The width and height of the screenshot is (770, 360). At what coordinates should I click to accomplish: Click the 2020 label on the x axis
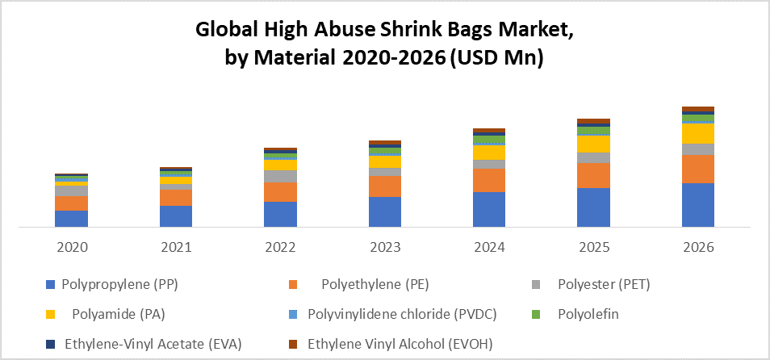(x=71, y=247)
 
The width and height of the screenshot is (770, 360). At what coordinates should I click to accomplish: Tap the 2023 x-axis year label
(x=384, y=247)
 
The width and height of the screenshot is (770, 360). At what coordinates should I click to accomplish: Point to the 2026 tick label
(x=698, y=247)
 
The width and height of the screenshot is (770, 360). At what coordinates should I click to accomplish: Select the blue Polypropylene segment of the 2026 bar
(x=698, y=205)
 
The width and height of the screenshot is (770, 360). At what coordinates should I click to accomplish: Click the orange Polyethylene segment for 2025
(x=593, y=175)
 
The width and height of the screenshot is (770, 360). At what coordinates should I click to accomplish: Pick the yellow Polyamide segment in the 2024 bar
(x=489, y=152)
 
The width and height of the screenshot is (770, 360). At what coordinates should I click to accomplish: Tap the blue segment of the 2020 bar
(x=71, y=219)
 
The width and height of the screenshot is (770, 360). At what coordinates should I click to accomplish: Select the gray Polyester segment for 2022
(x=280, y=176)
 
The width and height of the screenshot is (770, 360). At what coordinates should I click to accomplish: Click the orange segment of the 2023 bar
(x=384, y=186)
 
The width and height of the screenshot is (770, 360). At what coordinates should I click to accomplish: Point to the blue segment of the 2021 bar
(x=176, y=216)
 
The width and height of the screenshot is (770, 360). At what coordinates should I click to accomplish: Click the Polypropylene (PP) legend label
(x=119, y=284)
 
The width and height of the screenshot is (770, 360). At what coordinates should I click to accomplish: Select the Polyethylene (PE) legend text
(x=375, y=284)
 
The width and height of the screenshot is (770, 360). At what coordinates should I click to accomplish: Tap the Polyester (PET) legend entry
(x=604, y=284)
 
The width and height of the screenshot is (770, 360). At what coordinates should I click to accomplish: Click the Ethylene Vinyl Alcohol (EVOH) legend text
(x=400, y=344)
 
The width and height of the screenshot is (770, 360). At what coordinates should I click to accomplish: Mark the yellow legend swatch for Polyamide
(x=51, y=314)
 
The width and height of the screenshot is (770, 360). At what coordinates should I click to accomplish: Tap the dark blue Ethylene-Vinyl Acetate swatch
(x=51, y=344)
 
